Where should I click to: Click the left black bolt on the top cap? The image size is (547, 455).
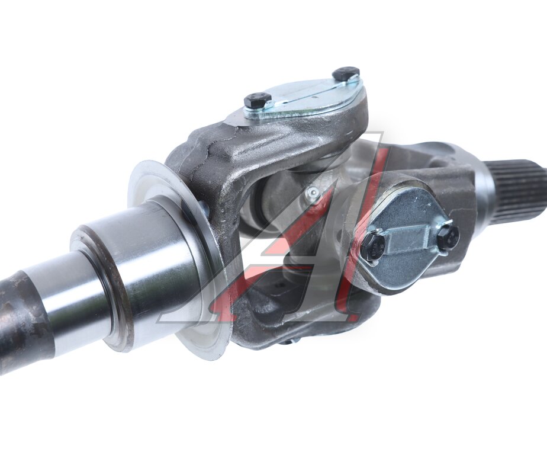[x=258, y=100]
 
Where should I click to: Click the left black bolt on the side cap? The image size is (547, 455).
[x=374, y=248]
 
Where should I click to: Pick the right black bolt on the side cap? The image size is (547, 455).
[x=449, y=238]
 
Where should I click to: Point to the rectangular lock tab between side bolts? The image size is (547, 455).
[x=408, y=243]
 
